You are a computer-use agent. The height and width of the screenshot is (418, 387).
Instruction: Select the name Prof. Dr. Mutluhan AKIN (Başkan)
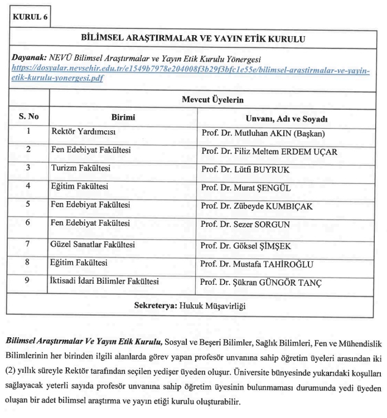point(263,134)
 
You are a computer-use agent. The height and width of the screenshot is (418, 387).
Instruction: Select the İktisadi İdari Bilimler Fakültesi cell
point(105,281)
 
